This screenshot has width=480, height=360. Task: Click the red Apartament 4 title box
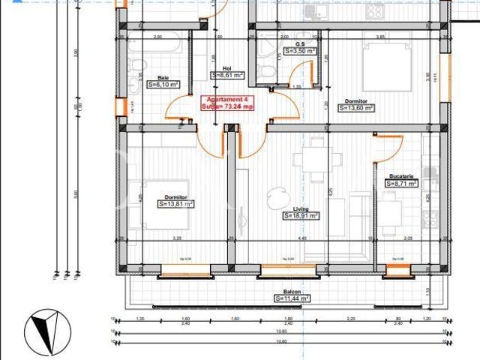pyautogui.click(x=228, y=103)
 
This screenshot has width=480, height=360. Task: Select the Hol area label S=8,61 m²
pyautogui.click(x=226, y=75)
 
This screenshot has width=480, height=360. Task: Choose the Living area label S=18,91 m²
pyautogui.click(x=301, y=215)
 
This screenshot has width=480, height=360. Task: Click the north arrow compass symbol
pyautogui.click(x=46, y=330)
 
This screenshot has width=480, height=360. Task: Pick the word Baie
pyautogui.click(x=163, y=77)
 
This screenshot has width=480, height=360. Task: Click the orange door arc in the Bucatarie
pyautogui.click(x=391, y=145)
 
